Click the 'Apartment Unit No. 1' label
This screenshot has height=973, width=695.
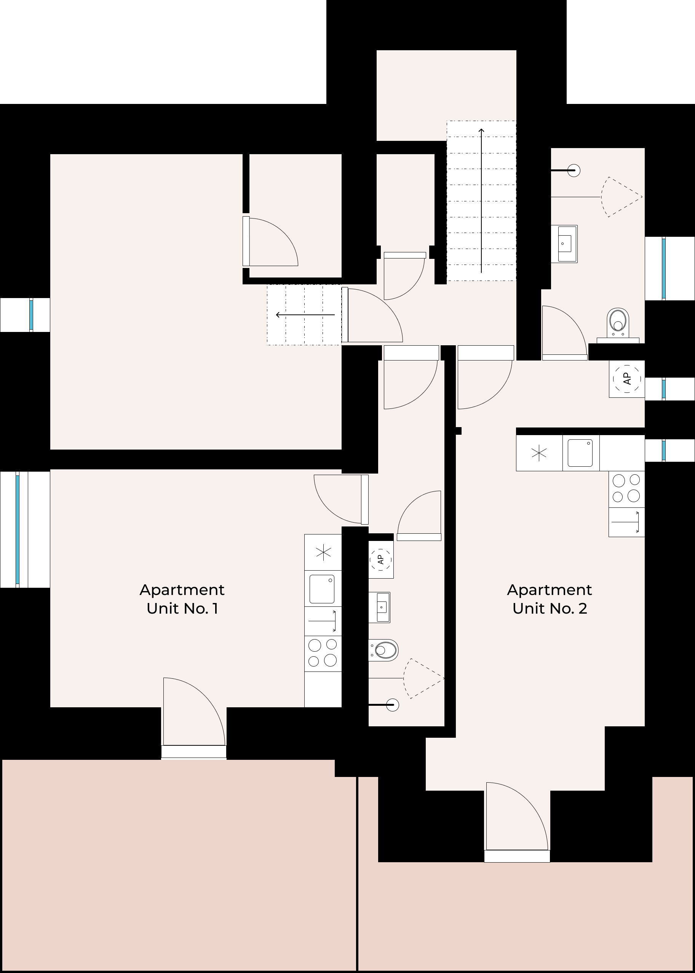[182, 599]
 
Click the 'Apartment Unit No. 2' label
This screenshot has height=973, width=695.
[550, 599]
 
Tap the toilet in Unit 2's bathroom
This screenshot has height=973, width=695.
[618, 322]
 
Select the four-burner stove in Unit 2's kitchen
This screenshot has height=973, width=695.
[626, 489]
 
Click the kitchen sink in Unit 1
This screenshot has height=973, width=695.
[322, 589]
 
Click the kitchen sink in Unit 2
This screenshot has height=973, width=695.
[580, 453]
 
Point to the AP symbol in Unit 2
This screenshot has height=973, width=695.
[627, 378]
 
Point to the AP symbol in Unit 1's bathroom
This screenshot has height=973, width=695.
[380, 559]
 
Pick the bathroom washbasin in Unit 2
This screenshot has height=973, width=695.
[564, 244]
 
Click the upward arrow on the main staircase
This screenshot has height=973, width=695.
[481, 201]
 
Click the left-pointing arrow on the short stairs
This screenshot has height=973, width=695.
[305, 315]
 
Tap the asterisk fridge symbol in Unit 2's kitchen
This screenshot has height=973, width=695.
[539, 453]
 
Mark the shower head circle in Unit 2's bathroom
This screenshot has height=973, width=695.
[574, 170]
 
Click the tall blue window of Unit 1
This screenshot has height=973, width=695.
[18, 530]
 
